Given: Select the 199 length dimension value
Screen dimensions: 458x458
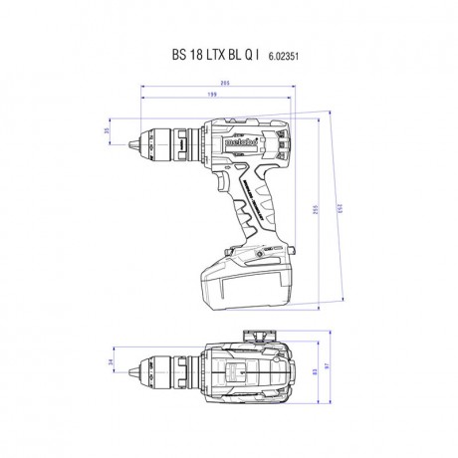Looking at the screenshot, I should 213,97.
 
